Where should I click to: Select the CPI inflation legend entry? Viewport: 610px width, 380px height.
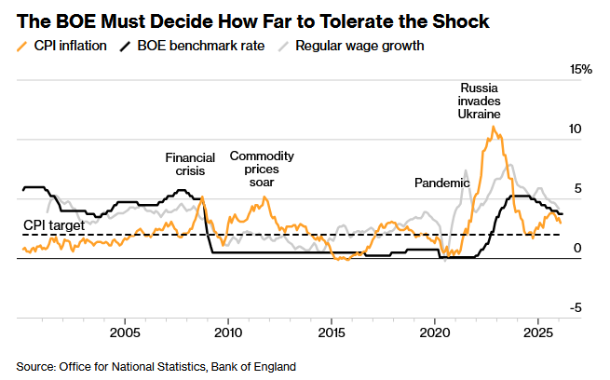point(68,45)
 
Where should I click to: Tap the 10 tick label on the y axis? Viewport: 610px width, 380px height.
point(576,129)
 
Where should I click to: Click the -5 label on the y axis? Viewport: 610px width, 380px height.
point(576,307)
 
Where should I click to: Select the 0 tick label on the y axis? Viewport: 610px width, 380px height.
point(577,248)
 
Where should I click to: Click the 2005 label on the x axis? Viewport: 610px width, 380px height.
point(125,332)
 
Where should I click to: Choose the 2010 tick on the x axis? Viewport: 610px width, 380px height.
point(228,332)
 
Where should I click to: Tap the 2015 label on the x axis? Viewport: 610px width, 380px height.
point(332,332)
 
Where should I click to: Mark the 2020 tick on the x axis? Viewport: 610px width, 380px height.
point(435,332)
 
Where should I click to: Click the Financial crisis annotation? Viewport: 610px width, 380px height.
point(190,165)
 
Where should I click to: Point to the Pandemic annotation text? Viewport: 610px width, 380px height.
point(441,183)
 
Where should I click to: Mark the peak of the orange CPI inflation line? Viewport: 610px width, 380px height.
point(493,127)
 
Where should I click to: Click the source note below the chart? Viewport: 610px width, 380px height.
point(156,366)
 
